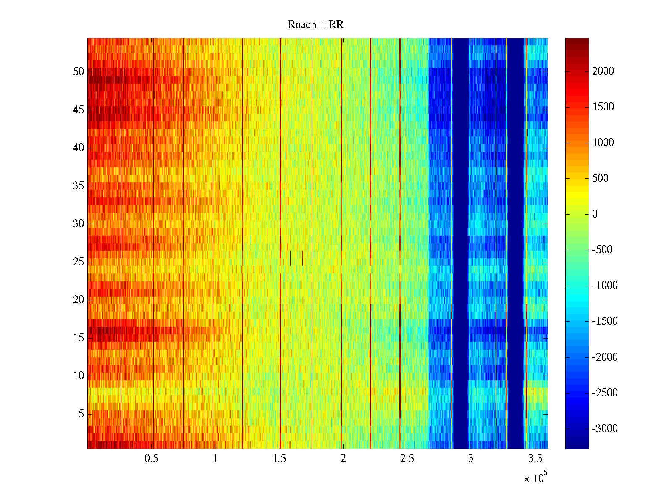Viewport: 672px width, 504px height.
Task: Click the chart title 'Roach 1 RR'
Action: click(x=315, y=25)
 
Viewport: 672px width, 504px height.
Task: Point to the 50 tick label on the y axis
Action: click(x=79, y=72)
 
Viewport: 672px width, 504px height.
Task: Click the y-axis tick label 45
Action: click(x=79, y=110)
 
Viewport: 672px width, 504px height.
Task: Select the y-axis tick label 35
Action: click(x=79, y=186)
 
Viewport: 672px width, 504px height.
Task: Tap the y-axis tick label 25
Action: click(x=79, y=262)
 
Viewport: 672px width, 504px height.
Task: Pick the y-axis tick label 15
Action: click(x=79, y=338)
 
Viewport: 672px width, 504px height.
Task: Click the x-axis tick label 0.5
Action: click(x=151, y=459)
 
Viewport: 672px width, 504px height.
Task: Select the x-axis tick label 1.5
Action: click(x=279, y=459)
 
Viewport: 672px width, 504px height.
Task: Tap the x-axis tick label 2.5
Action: click(x=407, y=459)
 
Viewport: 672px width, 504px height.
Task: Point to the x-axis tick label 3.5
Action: click(x=535, y=459)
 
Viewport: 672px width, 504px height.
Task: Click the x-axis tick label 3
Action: click(x=470, y=459)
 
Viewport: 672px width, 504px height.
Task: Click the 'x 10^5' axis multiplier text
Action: click(x=535, y=478)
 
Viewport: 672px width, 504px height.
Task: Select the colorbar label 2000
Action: click(x=603, y=71)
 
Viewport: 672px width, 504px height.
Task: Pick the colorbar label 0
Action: click(x=595, y=214)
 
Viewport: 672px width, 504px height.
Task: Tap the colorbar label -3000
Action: click(x=604, y=429)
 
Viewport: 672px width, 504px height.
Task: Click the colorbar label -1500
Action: click(x=604, y=321)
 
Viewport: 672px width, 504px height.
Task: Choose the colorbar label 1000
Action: click(x=603, y=143)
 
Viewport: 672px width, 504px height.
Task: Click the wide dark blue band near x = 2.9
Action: click(x=461, y=244)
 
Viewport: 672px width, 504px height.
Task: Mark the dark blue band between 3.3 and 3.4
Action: click(x=515, y=244)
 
